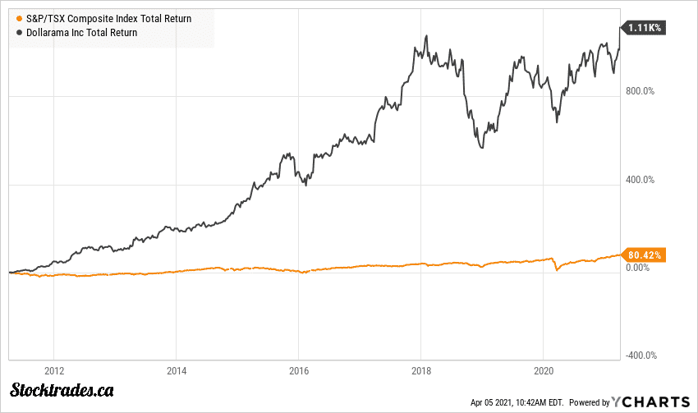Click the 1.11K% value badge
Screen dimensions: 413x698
[x=645, y=27]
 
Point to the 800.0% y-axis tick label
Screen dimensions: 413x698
[x=641, y=91]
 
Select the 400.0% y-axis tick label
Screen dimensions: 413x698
[x=641, y=180]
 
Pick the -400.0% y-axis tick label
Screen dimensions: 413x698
[x=640, y=356]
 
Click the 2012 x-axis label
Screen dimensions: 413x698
[x=54, y=370]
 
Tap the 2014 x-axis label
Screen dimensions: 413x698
[x=177, y=370]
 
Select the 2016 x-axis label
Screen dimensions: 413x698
[x=299, y=370]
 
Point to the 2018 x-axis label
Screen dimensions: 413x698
[x=422, y=370]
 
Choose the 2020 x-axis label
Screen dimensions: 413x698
[x=544, y=370]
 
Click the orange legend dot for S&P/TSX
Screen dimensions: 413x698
[x=19, y=18]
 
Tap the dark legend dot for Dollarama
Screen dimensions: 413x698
[x=19, y=32]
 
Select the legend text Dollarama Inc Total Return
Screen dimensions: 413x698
[x=82, y=32]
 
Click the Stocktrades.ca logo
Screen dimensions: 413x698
[x=62, y=390]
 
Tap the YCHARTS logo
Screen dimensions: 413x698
[x=652, y=402]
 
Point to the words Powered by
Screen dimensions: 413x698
[x=590, y=402]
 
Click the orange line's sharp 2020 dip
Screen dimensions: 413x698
[x=556, y=269]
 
